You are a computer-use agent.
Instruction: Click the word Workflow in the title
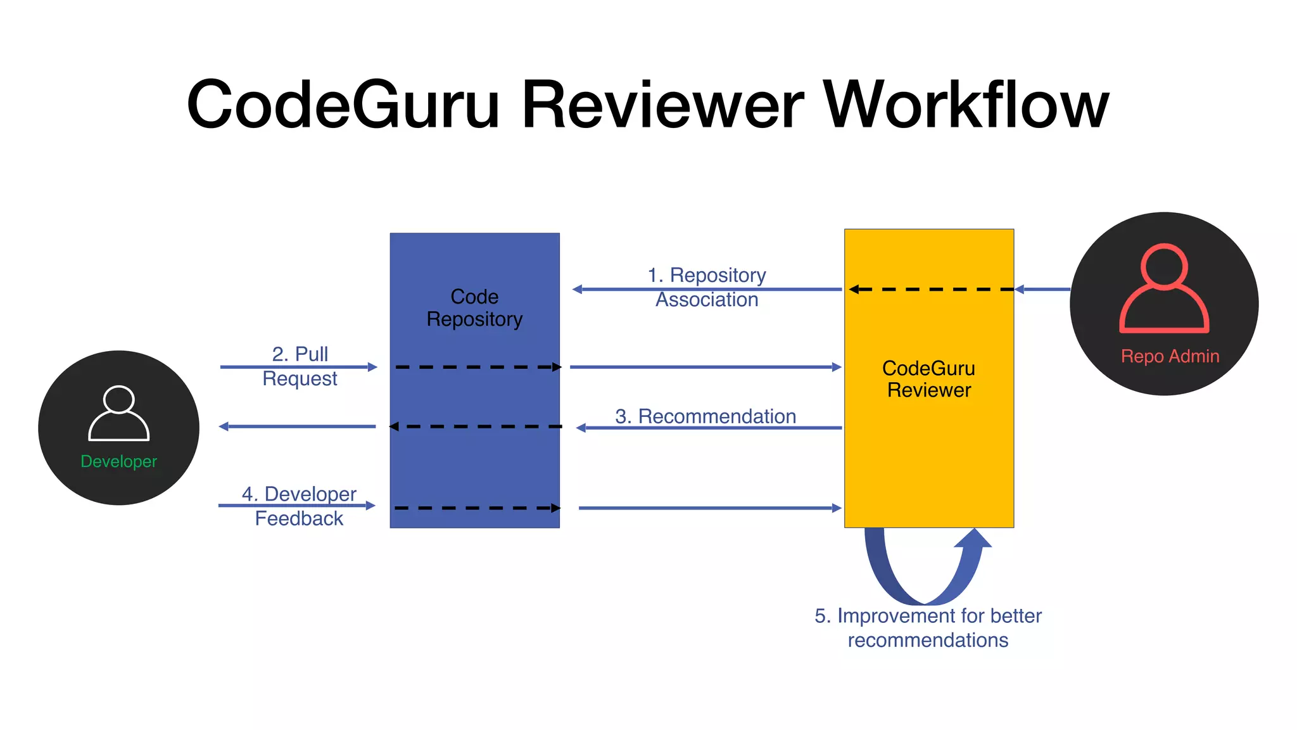(965, 105)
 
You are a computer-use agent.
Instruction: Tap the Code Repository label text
(474, 308)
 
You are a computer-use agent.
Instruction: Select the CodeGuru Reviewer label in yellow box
(928, 379)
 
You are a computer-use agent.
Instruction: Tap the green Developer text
(118, 461)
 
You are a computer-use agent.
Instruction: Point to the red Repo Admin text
(1170, 356)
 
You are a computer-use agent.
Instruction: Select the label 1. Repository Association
(707, 287)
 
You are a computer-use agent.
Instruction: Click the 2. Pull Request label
(300, 366)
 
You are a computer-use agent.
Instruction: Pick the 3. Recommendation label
(705, 416)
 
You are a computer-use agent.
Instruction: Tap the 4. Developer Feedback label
(299, 506)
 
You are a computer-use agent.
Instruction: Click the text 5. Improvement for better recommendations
(928, 627)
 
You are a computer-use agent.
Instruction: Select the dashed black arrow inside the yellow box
(931, 289)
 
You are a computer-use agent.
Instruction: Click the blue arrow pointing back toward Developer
(298, 426)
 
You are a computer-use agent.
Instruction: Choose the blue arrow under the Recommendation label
(709, 428)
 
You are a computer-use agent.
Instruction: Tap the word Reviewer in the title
(662, 105)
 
